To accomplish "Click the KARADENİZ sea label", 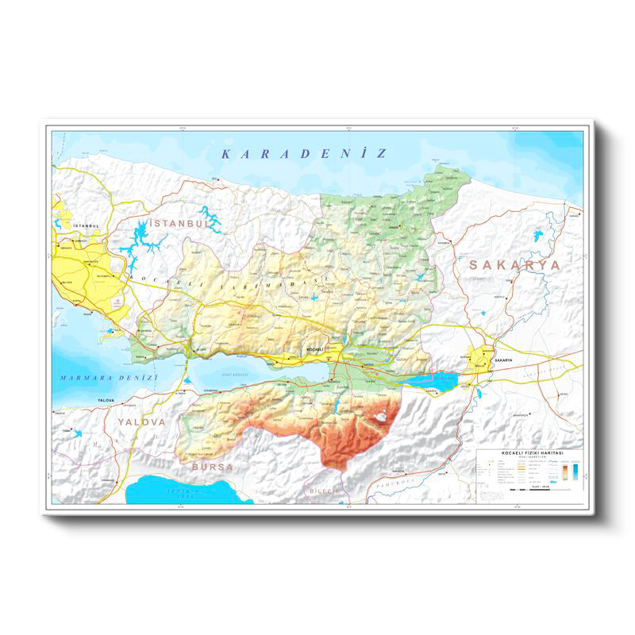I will click(x=304, y=153).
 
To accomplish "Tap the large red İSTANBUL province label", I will click(x=178, y=224).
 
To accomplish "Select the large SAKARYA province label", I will click(x=514, y=264).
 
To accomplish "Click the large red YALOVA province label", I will click(x=142, y=422).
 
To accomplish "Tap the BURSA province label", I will click(x=212, y=468).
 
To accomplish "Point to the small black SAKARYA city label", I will click(x=504, y=360).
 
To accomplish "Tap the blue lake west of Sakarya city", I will click(x=429, y=379).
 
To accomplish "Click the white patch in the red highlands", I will click(x=381, y=414).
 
